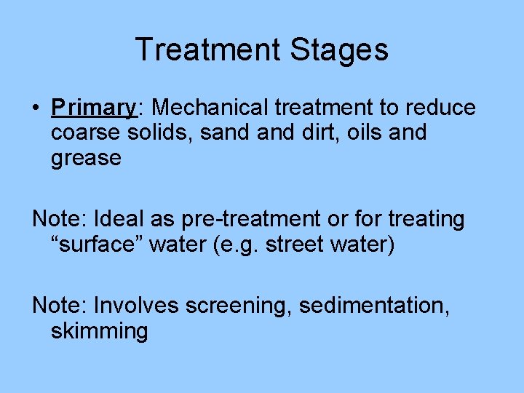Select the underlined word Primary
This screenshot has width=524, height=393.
point(93,108)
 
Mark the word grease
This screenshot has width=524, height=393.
point(86,158)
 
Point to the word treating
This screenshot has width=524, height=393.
point(424,219)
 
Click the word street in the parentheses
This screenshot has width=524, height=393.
point(296,245)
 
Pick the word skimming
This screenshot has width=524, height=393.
point(99,331)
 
